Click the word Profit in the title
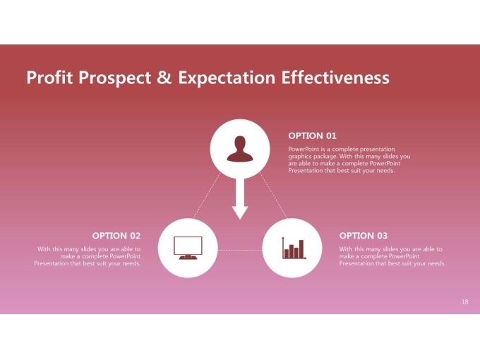click(49, 77)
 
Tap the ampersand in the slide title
click(164, 77)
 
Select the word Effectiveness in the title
click(335, 77)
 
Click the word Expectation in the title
click(227, 78)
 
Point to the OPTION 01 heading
click(312, 136)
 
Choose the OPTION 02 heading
click(116, 236)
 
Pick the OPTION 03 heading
click(364, 236)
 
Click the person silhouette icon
click(240, 149)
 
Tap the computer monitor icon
click(188, 248)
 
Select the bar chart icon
click(294, 248)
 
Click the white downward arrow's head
click(240, 212)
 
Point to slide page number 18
click(464, 302)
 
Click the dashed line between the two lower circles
click(240, 250)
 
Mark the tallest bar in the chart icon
click(301, 249)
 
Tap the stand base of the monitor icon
click(188, 258)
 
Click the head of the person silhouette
click(240, 143)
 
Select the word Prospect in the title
click(115, 78)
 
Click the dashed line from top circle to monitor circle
click(207, 196)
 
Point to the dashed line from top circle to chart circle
click(274, 196)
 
